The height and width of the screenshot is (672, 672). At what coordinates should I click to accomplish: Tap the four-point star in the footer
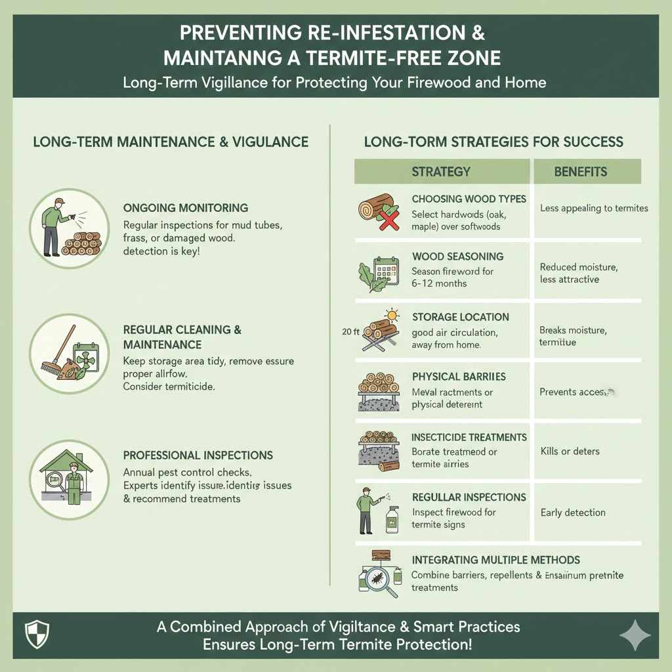(635, 636)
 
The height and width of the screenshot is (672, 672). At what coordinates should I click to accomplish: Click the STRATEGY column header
(441, 172)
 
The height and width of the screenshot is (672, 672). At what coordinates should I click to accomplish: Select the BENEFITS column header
(580, 172)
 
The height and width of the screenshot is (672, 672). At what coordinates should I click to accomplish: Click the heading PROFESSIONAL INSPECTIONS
(198, 455)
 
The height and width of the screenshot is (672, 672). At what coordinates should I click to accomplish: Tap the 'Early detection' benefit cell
(572, 513)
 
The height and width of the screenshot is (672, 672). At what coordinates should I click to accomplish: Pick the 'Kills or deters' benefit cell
(570, 451)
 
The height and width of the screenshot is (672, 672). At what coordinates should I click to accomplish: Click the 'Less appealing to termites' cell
(594, 209)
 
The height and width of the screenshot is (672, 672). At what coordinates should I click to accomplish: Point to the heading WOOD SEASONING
(457, 257)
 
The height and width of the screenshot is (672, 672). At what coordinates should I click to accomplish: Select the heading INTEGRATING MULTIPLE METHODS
(495, 560)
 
